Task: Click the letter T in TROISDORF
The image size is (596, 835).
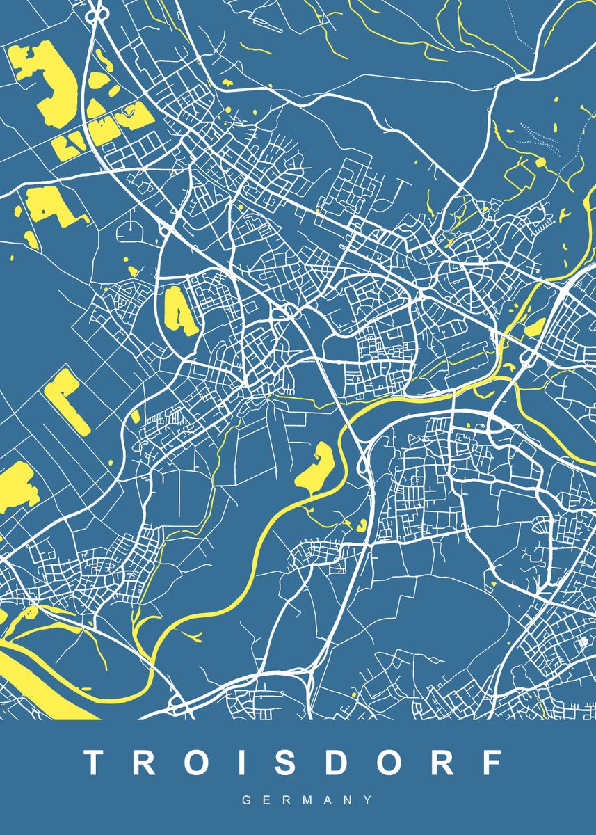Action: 95,763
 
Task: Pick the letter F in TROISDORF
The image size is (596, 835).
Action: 492,763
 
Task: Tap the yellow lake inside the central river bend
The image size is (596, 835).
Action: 316,468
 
